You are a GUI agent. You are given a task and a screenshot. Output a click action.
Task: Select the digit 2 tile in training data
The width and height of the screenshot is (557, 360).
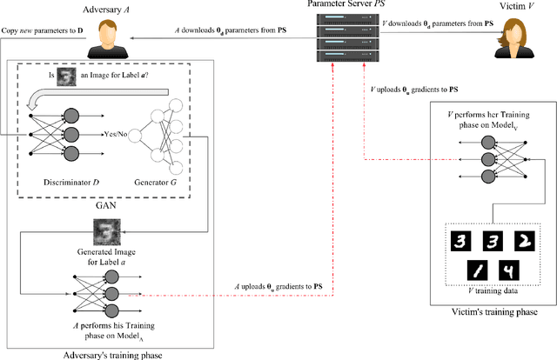[x=524, y=240]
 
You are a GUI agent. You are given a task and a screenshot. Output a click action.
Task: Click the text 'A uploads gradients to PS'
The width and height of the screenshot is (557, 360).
[x=279, y=286]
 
